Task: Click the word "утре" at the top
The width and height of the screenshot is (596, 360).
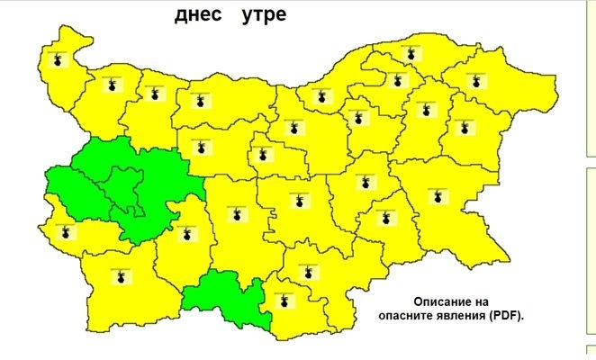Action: click(x=264, y=15)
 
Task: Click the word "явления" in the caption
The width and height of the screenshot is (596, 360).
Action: click(x=457, y=316)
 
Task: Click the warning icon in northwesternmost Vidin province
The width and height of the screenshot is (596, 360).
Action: click(x=59, y=60)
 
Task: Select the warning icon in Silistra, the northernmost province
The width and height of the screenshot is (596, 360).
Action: click(x=411, y=53)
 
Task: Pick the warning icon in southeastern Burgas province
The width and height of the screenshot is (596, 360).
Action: click(x=438, y=195)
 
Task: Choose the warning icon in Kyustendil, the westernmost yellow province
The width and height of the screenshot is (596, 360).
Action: click(x=63, y=232)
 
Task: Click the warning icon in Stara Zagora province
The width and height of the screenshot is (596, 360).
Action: click(x=294, y=202)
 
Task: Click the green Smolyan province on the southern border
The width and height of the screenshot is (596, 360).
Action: click(x=225, y=299)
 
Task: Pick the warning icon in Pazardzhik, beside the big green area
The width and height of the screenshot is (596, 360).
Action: click(x=185, y=232)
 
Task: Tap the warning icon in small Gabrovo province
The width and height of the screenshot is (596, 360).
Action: click(x=262, y=152)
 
